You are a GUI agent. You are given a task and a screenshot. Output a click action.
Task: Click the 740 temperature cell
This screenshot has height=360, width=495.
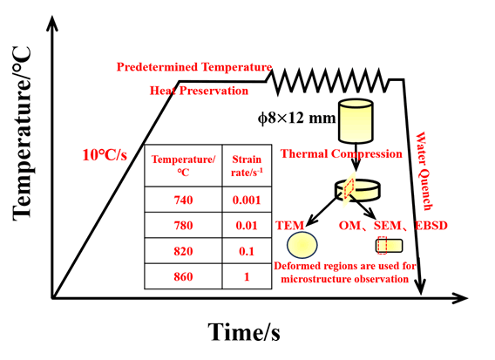pos(183,200)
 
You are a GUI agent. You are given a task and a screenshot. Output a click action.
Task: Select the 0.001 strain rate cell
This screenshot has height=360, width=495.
pos(247,200)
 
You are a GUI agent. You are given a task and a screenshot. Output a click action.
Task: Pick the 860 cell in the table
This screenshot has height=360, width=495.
pos(183,276)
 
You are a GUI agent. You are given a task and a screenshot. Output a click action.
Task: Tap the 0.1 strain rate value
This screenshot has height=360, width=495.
pos(247,251)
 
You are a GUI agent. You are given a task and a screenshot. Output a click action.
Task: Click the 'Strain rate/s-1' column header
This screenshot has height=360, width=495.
pos(247,166)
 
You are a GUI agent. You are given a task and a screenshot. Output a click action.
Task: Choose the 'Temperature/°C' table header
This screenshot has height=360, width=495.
pos(183,166)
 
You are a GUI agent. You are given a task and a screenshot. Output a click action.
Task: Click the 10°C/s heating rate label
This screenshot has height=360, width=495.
pos(105,155)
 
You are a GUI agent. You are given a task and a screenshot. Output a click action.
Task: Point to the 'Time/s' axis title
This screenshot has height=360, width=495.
pos(244,332)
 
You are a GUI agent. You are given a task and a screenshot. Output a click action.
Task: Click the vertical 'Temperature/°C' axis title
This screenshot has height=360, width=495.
pos(22,133)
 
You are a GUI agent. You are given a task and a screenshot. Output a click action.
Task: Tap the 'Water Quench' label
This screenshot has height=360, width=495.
pos(424,171)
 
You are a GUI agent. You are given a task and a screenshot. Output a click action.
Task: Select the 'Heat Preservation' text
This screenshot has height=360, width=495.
pos(199,91)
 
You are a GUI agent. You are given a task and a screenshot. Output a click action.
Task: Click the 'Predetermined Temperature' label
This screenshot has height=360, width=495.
pos(194,67)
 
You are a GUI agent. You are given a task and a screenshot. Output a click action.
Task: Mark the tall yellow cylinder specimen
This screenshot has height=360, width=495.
pos(356,121)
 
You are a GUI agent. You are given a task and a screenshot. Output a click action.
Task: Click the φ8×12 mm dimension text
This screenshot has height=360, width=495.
pos(297,118)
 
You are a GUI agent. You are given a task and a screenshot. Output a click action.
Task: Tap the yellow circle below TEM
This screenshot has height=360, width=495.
pos(302,245)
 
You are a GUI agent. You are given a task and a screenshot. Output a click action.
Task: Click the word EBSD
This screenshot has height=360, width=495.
pos(431,226)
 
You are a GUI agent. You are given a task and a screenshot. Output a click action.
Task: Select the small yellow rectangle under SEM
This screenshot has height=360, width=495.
pos(389,246)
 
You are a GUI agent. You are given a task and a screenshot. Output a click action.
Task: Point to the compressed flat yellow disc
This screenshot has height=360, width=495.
pos(357,190)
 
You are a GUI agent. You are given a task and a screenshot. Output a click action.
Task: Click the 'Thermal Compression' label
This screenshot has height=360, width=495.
pos(342,153)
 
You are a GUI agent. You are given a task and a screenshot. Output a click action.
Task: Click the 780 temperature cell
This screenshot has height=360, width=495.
pos(183,226)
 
